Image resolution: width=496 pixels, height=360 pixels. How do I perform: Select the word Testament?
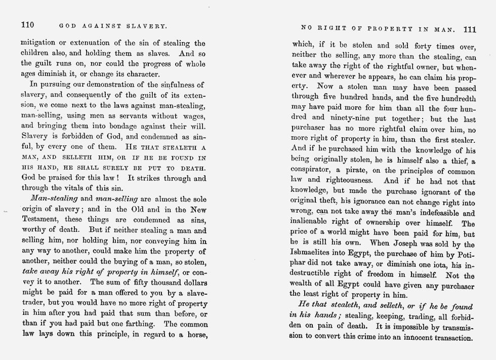(42, 220)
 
